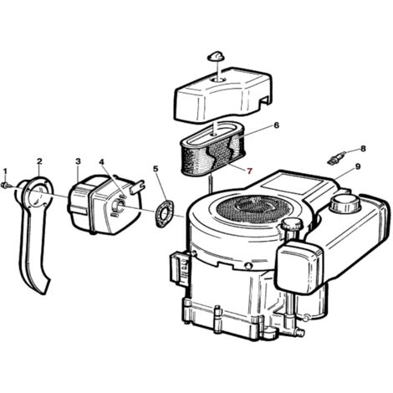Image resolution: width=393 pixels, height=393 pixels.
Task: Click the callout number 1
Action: point(5,171)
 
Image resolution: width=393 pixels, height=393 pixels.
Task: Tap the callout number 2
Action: point(39,161)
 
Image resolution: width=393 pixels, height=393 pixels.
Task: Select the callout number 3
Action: point(79,161)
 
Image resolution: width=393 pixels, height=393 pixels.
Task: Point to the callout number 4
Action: point(101,161)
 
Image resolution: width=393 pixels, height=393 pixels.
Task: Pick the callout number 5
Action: point(156,169)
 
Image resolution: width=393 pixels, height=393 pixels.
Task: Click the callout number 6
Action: point(276,125)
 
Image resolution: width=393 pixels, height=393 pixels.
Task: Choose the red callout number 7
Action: point(249,171)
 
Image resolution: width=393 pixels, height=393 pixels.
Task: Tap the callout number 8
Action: point(363,149)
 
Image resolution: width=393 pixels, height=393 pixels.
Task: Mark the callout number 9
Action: point(358,166)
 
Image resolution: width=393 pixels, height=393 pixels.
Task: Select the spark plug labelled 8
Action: point(336,157)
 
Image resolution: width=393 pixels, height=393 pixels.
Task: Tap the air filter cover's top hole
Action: point(219,80)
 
